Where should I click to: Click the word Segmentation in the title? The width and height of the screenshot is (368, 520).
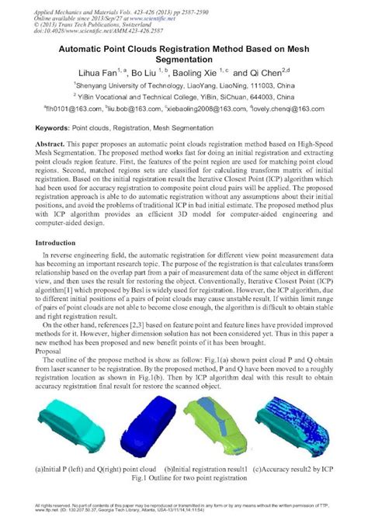[184, 62]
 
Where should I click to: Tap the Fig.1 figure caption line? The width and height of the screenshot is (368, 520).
[183, 480]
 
